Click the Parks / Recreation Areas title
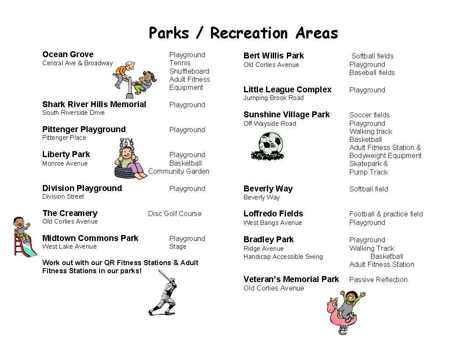coord(243,33)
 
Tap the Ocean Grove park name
coord(68,54)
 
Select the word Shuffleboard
coord(189,71)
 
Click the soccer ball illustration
coord(268,146)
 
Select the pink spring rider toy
coord(346,313)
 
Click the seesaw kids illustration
coord(135,80)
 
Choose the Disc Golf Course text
coord(175,213)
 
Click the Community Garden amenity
coord(179,172)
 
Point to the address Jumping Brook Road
coord(273,98)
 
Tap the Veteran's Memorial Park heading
coord(291,279)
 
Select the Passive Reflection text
coord(378,280)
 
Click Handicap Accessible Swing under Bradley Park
coord(283,257)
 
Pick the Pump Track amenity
coord(369,172)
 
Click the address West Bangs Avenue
coord(272,223)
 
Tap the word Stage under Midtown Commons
coord(178,246)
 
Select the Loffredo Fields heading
coord(273,213)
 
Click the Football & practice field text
coord(386,214)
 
